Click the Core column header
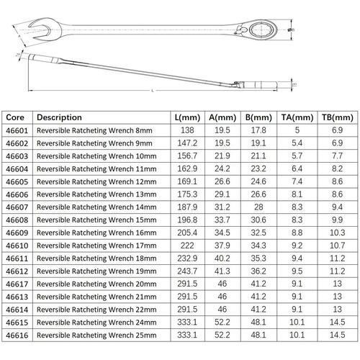click(x=15, y=117)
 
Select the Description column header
click(x=59, y=117)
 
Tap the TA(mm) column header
click(x=297, y=117)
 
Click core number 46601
click(x=17, y=130)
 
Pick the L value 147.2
click(x=187, y=143)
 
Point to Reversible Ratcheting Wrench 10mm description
click(x=96, y=156)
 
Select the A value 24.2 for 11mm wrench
click(x=222, y=168)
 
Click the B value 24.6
click(x=258, y=181)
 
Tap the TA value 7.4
click(x=297, y=181)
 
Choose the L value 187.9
click(x=187, y=207)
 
